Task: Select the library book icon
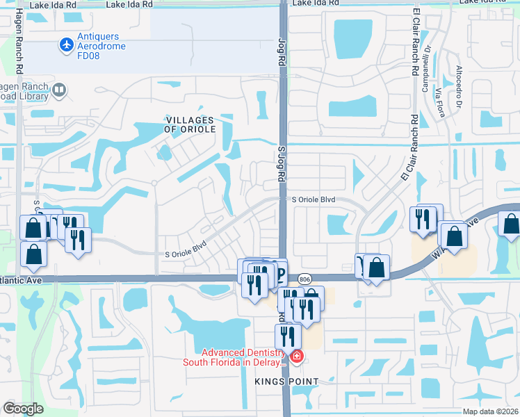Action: pos(60,90)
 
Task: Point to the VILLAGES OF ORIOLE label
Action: pos(190,124)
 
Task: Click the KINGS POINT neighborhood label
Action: pos(286,382)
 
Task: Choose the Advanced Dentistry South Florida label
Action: pos(234,357)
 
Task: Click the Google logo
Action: pos(23,409)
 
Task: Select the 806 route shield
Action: pos(304,279)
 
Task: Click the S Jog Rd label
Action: pos(282,163)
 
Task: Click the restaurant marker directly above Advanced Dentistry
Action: pos(287,336)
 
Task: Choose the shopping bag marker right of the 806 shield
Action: pos(376,267)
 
